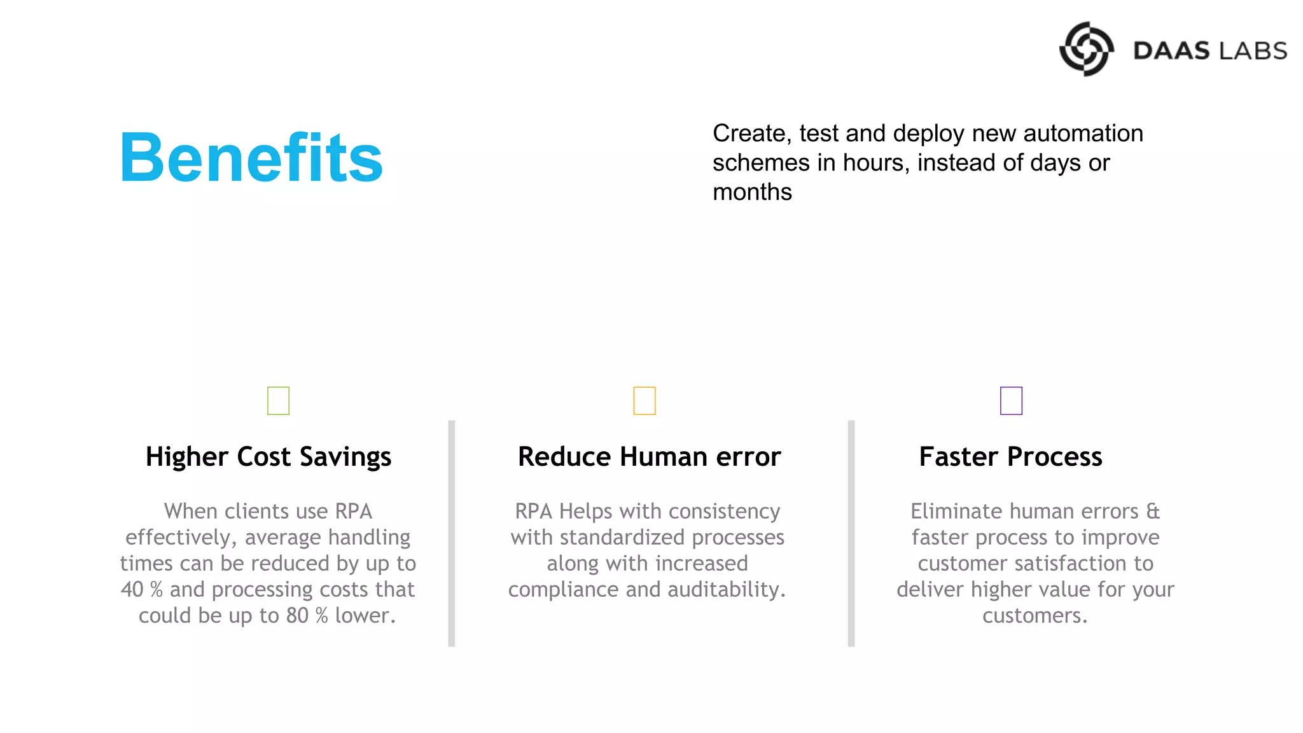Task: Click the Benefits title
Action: (x=251, y=157)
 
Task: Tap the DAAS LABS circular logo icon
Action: (x=1086, y=49)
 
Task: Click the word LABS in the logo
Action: (x=1250, y=51)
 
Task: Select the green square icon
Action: (x=278, y=401)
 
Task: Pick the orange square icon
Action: (x=644, y=401)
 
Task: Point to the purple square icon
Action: (x=1011, y=401)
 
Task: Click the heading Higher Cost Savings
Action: (x=268, y=457)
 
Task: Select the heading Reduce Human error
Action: (x=649, y=457)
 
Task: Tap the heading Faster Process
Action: (x=1010, y=457)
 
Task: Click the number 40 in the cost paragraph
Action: (x=132, y=589)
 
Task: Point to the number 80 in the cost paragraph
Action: (x=296, y=615)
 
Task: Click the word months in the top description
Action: (x=752, y=192)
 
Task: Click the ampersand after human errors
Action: (x=1153, y=511)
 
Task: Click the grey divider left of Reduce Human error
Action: (x=451, y=533)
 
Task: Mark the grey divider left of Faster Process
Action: (x=851, y=533)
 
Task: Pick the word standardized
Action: (x=622, y=537)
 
